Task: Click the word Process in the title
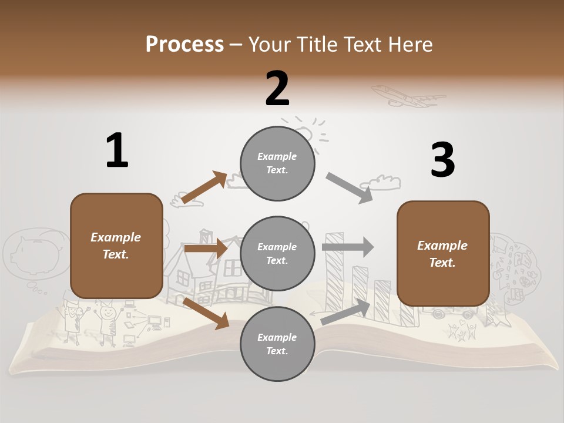click(184, 44)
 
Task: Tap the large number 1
click(117, 151)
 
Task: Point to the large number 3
click(442, 160)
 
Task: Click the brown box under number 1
click(116, 246)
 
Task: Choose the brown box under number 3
click(443, 253)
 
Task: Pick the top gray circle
click(277, 163)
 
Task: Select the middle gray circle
click(277, 253)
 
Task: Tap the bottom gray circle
click(277, 344)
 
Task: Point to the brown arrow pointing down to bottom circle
click(206, 313)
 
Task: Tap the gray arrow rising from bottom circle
click(346, 311)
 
